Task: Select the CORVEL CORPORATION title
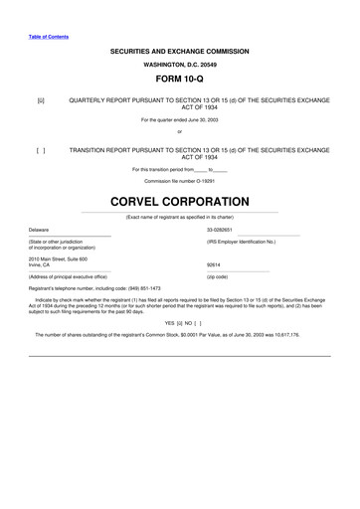pos(180,200)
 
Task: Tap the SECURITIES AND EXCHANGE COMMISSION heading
pos(180,51)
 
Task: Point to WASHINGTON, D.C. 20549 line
pos(180,63)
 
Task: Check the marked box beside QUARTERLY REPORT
pos(41,100)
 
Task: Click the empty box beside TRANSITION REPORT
pos(41,150)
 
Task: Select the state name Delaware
pos(39,229)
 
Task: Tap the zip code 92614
pos(213,264)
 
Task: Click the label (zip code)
pos(218,276)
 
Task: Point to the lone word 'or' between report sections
pos(180,131)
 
